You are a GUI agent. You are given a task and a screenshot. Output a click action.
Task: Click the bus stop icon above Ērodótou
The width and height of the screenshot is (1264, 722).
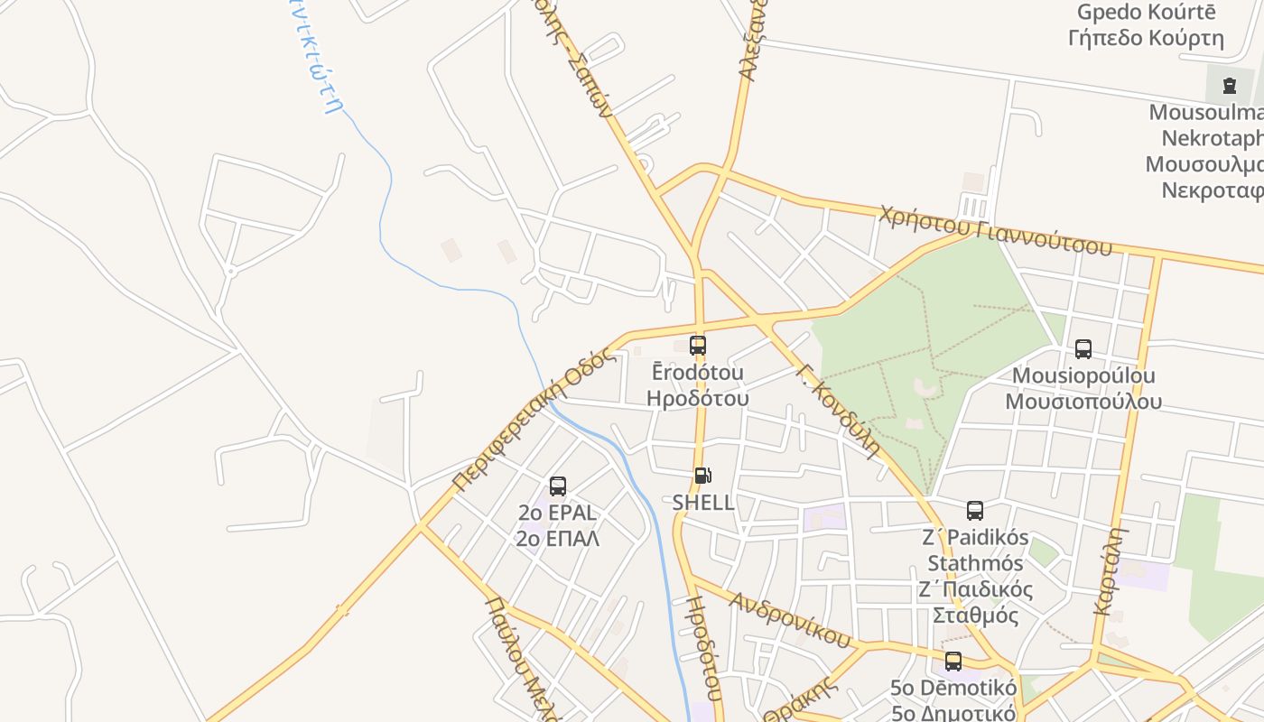(698, 345)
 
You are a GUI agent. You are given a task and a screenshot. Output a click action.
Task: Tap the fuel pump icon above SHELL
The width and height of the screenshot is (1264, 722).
(702, 476)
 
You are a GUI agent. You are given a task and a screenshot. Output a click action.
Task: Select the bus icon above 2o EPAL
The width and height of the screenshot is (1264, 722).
(558, 486)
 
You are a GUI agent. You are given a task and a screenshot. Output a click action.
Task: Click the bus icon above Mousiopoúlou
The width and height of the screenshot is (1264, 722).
(1083, 349)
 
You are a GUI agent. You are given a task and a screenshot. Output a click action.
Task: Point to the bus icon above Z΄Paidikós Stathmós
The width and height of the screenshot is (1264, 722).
(975, 511)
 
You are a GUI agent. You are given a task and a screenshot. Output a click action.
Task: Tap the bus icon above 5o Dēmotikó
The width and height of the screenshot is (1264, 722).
(953, 662)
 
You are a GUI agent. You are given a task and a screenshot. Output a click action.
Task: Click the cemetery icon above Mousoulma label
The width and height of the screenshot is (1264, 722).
(1229, 86)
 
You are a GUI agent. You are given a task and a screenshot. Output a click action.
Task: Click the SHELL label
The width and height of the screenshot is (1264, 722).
(703, 503)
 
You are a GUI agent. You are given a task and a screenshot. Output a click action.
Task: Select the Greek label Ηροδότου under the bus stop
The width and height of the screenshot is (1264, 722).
(698, 398)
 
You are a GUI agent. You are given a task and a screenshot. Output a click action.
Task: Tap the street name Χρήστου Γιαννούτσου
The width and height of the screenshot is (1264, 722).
(995, 231)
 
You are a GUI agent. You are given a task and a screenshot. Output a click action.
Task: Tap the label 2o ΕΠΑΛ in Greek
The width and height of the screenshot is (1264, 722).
(558, 539)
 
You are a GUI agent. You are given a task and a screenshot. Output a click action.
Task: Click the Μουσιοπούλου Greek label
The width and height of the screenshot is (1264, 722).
(1083, 402)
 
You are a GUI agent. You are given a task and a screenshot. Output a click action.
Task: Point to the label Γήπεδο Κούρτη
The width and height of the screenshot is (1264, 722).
(1146, 38)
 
